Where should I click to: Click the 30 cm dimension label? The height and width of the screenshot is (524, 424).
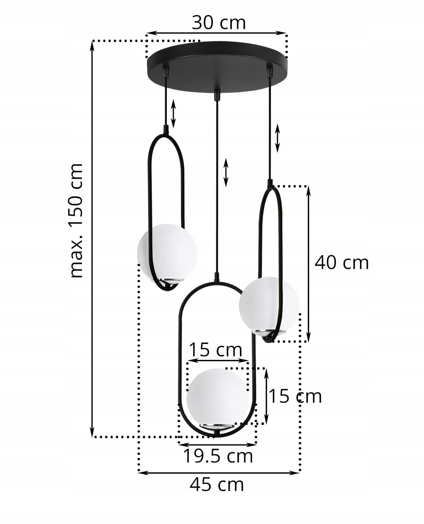pos(219,23)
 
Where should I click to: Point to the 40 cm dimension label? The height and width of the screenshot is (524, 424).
pos(341,263)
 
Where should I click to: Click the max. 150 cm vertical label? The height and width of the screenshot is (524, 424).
pos(76,220)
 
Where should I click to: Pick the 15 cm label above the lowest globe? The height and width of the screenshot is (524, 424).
pos(216,350)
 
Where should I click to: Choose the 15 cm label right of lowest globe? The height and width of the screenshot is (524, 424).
pos(295,396)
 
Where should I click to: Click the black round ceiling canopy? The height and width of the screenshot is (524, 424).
pos(217,67)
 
